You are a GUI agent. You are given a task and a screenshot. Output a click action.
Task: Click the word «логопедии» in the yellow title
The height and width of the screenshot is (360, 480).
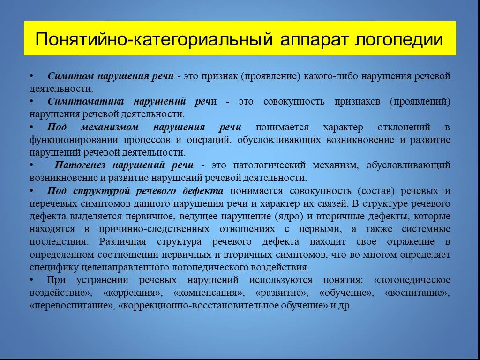click(399, 39)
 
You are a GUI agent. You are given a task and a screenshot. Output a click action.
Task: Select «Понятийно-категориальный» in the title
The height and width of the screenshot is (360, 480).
click(154, 39)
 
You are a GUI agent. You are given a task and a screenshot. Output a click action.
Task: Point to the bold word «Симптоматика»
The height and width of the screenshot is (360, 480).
click(86, 101)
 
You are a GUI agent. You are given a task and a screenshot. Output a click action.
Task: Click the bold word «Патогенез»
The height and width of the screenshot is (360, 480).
click(80, 165)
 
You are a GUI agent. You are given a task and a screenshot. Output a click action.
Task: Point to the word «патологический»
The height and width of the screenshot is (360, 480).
click(270, 165)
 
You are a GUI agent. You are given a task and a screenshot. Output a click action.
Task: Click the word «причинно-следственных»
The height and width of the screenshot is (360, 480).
click(154, 229)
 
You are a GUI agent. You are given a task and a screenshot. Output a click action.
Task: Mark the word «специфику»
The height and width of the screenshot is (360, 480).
click(54, 267)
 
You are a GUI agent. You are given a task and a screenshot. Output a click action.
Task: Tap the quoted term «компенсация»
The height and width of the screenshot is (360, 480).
click(209, 292)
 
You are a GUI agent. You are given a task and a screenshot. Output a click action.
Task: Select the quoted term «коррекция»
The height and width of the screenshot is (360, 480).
click(133, 292)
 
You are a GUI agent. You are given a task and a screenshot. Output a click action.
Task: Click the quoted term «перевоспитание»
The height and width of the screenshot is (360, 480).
click(73, 306)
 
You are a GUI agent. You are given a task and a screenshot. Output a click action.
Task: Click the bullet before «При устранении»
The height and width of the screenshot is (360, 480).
click(31, 280)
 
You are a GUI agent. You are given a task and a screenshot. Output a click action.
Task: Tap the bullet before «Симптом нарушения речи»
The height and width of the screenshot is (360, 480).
click(31, 75)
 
